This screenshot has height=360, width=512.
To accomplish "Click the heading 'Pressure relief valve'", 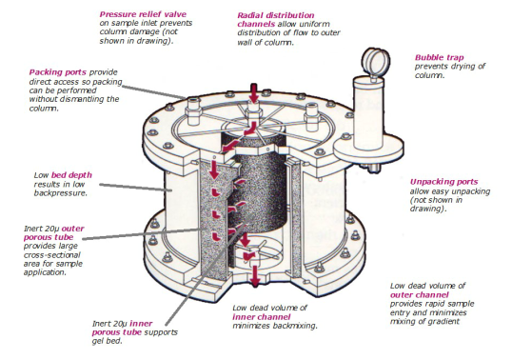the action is [x=143, y=14].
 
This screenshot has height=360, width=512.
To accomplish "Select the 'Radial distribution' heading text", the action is [x=276, y=15].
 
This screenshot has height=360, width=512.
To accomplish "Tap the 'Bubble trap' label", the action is [x=439, y=58].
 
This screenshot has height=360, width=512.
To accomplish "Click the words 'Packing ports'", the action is [x=58, y=72].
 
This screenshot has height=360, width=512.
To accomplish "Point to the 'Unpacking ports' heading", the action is [x=443, y=182].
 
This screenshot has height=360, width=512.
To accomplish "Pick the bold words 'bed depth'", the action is [x=71, y=175].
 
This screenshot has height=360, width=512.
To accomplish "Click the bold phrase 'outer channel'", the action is [x=420, y=295].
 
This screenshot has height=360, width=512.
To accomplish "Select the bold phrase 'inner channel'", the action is [x=261, y=317].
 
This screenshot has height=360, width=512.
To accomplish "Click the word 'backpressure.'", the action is [x=61, y=193].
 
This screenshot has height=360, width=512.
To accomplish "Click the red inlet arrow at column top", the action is [x=254, y=92].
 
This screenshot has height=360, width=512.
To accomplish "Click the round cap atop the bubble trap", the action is [x=376, y=61].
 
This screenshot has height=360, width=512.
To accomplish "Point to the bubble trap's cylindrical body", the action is [x=368, y=111].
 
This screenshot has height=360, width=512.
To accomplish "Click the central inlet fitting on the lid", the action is [x=253, y=110].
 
